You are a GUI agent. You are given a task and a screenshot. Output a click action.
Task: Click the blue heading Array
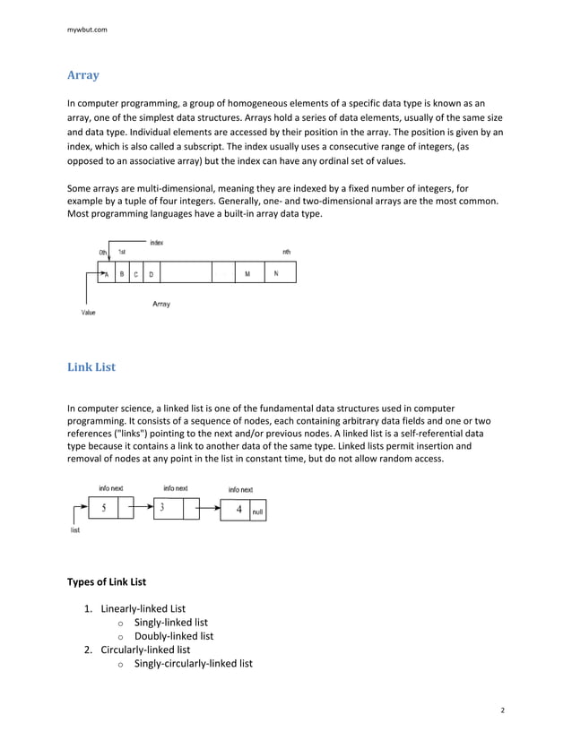click(x=83, y=75)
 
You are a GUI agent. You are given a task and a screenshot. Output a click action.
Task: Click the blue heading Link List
click(x=91, y=367)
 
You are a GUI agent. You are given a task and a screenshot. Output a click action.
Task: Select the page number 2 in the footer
click(x=502, y=710)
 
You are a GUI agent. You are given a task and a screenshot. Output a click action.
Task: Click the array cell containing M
click(x=247, y=274)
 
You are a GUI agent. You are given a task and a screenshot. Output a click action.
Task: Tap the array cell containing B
click(x=122, y=274)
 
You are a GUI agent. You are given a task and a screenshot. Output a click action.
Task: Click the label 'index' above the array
click(x=156, y=243)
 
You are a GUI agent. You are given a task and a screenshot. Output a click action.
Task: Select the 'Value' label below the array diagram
click(x=88, y=313)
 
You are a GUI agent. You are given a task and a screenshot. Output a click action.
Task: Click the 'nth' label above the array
click(x=286, y=252)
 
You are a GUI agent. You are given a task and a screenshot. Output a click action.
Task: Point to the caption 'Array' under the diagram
click(x=160, y=305)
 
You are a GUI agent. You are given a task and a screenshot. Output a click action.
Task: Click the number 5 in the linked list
click(x=104, y=508)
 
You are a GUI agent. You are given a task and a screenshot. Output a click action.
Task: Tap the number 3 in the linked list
click(x=162, y=508)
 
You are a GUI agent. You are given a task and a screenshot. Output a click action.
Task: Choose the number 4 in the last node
click(x=238, y=510)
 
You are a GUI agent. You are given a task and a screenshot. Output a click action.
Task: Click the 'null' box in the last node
click(x=258, y=511)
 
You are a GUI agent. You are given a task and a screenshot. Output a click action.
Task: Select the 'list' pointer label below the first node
click(x=74, y=530)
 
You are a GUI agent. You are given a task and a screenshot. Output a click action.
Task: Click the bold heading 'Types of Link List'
click(x=107, y=581)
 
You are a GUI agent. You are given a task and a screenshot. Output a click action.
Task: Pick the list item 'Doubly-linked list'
click(x=174, y=636)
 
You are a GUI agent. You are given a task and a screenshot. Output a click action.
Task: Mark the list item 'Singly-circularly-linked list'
click(x=193, y=664)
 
